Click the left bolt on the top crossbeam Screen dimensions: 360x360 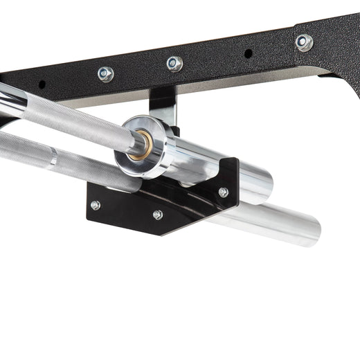pyautogui.click(x=106, y=73)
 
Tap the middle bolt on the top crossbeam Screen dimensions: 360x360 pyautogui.click(x=174, y=64)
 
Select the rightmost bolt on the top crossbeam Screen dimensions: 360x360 pyautogui.click(x=303, y=42)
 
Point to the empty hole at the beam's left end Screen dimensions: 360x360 pyautogui.click(x=42, y=84)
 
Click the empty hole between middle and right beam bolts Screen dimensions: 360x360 pyautogui.click(x=248, y=53)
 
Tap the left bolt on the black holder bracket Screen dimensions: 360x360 pyautogui.click(x=96, y=205)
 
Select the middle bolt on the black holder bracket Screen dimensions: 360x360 pyautogui.click(x=158, y=215)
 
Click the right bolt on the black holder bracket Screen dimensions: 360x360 pyautogui.click(x=223, y=192)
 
